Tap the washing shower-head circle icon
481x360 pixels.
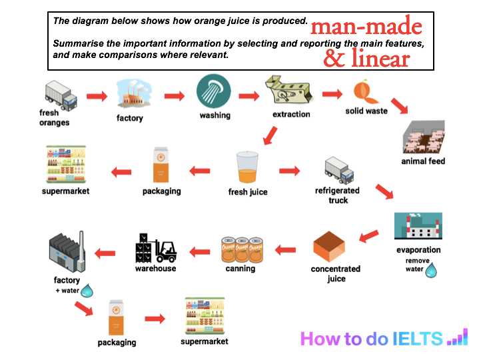coord(214,92)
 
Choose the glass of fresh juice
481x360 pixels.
coord(247,169)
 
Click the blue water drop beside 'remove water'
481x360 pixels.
coord(431,269)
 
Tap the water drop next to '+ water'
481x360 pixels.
coord(88,291)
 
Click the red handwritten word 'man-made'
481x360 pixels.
coord(366,27)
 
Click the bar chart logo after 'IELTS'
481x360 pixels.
coord(457,337)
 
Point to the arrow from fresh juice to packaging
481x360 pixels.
coord(201,171)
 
